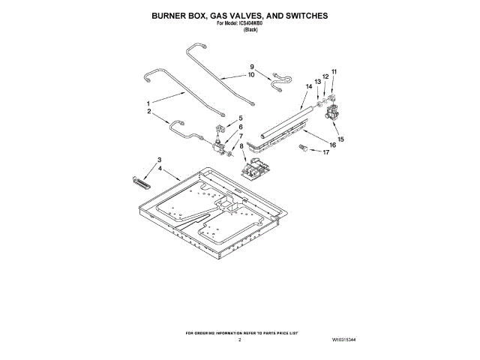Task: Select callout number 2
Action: (148, 112)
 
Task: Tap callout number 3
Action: (159, 160)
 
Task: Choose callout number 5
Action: (241, 118)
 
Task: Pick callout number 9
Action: (252, 67)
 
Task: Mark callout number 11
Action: (334, 72)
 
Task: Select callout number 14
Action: (308, 87)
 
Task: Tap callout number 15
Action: (340, 139)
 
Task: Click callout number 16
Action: (332, 144)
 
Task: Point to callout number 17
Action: (325, 152)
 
